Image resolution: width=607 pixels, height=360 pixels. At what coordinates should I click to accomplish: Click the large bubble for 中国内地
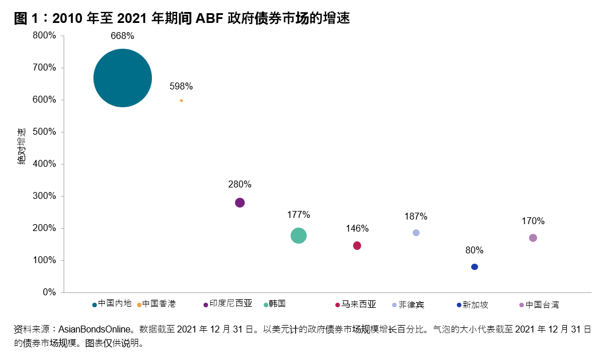click(123, 78)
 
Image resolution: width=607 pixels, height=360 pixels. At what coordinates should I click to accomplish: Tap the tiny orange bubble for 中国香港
click(181, 100)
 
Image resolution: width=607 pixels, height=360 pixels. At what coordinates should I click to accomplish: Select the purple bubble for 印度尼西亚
click(240, 202)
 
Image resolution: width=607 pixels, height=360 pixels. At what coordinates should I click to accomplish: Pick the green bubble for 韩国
click(298, 236)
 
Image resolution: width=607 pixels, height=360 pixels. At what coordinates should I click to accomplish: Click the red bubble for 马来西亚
click(357, 245)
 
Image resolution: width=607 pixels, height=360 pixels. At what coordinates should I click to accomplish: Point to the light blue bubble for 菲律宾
click(416, 233)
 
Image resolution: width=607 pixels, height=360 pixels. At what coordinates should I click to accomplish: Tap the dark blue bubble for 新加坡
click(475, 267)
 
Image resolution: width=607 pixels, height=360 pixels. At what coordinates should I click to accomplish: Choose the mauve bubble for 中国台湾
click(533, 238)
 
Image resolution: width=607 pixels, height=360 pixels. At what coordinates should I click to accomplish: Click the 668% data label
click(123, 36)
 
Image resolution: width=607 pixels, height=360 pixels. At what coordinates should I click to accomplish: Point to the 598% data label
click(181, 87)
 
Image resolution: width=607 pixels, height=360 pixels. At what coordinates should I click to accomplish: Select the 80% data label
click(475, 251)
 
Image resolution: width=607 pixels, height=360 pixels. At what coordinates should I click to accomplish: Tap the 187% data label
click(416, 217)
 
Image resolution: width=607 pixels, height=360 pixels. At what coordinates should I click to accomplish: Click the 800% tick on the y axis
click(44, 36)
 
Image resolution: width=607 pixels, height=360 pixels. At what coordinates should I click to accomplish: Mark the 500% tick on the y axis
click(44, 132)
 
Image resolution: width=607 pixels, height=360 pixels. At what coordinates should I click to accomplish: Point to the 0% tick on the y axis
click(49, 292)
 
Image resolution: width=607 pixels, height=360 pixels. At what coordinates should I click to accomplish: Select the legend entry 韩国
click(277, 304)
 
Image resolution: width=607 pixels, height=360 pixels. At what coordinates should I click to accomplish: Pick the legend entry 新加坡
click(475, 304)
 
